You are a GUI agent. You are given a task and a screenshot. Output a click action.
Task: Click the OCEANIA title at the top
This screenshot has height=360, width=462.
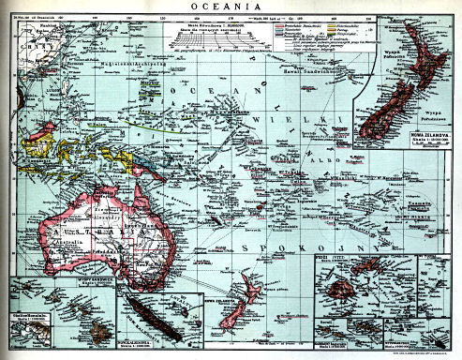(231, 7)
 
